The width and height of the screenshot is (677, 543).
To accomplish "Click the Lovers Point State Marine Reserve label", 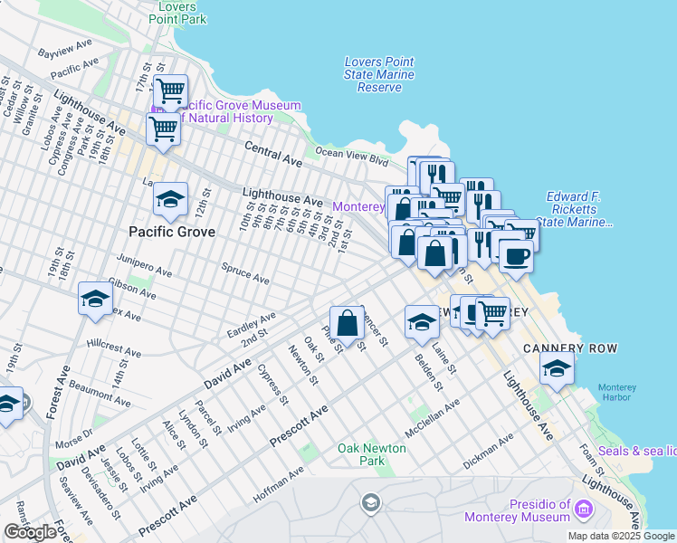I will click(x=379, y=74).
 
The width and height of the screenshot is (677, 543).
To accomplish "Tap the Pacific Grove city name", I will click(x=172, y=232).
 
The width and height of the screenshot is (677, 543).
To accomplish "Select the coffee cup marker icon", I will click(x=516, y=257).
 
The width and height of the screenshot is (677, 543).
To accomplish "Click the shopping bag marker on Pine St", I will click(x=348, y=321).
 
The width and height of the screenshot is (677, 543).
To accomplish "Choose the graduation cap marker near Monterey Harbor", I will click(x=557, y=367).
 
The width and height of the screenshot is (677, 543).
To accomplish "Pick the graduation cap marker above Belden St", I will click(x=421, y=322).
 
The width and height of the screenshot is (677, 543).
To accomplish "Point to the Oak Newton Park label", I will click(x=374, y=454).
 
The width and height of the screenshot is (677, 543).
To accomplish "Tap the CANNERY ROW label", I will click(x=570, y=348).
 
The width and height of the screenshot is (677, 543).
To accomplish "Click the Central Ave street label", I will click(x=273, y=153).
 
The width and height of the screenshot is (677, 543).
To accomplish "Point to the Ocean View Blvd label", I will click(x=351, y=157).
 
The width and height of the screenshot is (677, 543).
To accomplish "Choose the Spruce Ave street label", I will click(x=245, y=274).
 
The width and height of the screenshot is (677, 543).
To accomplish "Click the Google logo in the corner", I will click(x=30, y=532).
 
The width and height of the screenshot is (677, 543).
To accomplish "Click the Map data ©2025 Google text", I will click(x=621, y=536).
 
